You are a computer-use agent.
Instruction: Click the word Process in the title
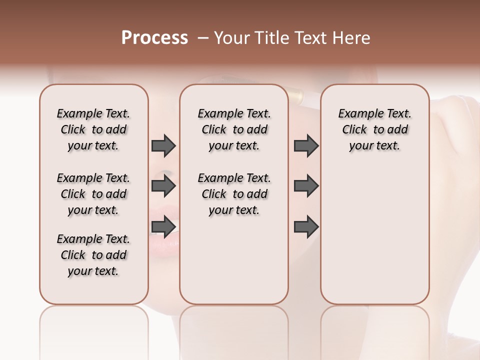click(154, 38)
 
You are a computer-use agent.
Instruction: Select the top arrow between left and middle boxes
click(163, 145)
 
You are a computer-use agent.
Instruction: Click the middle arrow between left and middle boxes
click(163, 186)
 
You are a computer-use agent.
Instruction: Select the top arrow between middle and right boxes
click(306, 145)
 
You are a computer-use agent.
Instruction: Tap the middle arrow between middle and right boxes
click(306, 186)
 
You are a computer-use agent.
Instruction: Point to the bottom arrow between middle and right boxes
click(306, 227)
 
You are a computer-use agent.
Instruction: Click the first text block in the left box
click(93, 129)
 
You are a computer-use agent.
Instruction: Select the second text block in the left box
click(93, 194)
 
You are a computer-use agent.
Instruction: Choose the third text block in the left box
click(93, 255)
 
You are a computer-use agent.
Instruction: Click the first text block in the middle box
click(234, 129)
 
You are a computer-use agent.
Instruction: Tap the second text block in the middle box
click(234, 194)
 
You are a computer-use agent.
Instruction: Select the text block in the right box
click(374, 129)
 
